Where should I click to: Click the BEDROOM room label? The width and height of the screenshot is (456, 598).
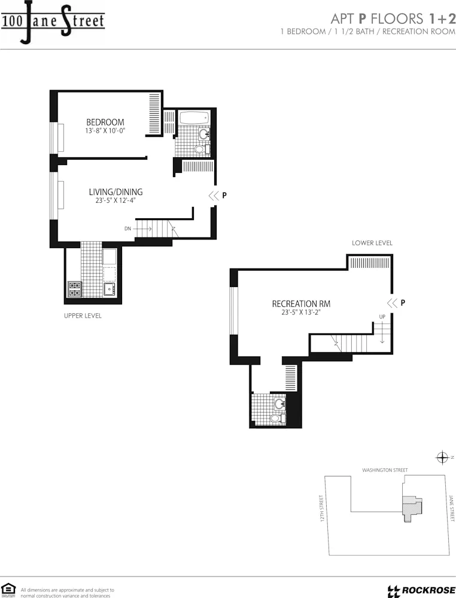click(x=105, y=121)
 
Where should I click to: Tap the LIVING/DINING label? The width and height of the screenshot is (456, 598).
click(x=115, y=192)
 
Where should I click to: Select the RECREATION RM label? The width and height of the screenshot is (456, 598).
click(x=301, y=304)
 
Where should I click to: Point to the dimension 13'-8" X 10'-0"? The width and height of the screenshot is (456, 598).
click(x=105, y=130)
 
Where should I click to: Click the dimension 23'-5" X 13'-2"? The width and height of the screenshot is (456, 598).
click(x=301, y=312)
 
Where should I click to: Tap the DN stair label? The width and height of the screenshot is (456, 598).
click(x=127, y=228)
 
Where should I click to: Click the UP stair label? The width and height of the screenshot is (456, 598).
click(x=382, y=316)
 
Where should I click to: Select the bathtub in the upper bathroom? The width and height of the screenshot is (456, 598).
click(x=194, y=117)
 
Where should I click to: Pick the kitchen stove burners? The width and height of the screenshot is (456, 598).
click(x=74, y=289)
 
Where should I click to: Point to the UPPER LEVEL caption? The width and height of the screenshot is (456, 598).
click(x=83, y=315)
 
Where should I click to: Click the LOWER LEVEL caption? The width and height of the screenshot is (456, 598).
click(x=372, y=243)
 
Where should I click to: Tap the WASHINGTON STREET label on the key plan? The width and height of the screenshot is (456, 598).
click(x=385, y=470)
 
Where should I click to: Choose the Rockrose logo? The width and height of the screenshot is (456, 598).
click(x=421, y=590)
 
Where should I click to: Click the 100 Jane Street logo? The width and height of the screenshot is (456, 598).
click(x=53, y=22)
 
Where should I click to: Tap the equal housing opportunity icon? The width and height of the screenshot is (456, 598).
click(x=8, y=590)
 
